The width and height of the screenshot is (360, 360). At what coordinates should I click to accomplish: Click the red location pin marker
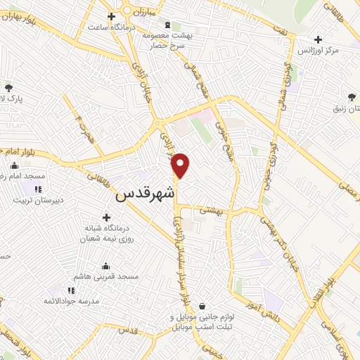pos(181,165)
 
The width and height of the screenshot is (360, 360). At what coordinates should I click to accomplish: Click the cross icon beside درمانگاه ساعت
pos(111,16)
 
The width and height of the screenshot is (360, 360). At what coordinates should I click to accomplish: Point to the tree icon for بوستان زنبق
pos(352,97)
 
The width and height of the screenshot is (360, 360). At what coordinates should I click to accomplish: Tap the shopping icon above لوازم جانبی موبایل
pos(202,307)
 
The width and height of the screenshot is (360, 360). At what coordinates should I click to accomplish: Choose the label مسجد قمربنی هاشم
pos(106,277)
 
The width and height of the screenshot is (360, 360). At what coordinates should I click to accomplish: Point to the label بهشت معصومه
pos(163,35)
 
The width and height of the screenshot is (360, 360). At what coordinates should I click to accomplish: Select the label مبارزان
pos(161,13)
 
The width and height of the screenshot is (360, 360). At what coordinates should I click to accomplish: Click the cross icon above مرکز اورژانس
pos(319,40)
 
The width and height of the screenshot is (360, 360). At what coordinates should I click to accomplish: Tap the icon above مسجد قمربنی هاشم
pos(106,266)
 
